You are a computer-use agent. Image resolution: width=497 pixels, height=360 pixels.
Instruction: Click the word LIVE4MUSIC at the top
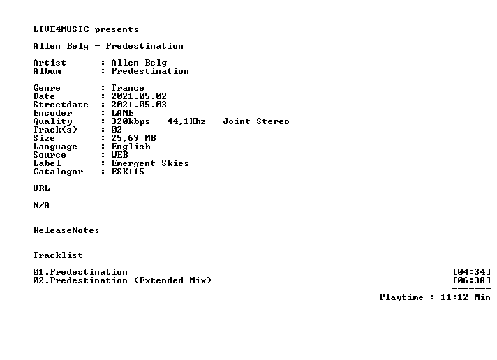(61, 29)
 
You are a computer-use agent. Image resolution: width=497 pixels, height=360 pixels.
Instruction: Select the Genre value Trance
(128, 88)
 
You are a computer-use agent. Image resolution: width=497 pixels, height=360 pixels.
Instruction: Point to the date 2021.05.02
(139, 96)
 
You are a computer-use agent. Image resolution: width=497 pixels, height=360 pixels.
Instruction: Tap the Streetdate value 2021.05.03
(139, 105)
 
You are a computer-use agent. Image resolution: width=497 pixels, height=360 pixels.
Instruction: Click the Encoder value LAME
(122, 113)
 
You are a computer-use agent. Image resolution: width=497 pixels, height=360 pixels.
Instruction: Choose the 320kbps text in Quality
(131, 121)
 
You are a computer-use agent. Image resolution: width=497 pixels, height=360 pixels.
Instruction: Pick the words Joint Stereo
(256, 121)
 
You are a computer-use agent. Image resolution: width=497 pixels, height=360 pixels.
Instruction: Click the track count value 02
(117, 130)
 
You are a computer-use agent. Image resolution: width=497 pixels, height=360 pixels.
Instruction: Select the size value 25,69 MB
(133, 138)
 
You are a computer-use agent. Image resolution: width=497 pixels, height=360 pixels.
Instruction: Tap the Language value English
(131, 147)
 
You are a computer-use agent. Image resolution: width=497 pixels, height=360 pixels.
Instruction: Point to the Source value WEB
(120, 155)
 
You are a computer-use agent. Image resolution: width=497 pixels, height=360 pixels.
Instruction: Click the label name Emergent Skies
(150, 163)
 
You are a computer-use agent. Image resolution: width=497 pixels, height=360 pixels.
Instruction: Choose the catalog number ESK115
(128, 172)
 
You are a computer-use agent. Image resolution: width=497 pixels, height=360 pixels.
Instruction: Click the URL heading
(41, 188)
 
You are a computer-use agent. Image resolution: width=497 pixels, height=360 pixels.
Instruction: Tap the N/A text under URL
(41, 205)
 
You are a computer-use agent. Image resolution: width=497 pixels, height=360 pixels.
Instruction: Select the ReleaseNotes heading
(66, 230)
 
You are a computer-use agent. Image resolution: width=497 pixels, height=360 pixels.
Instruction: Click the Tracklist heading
(58, 255)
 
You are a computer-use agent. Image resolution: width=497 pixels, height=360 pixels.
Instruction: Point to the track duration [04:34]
(472, 272)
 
